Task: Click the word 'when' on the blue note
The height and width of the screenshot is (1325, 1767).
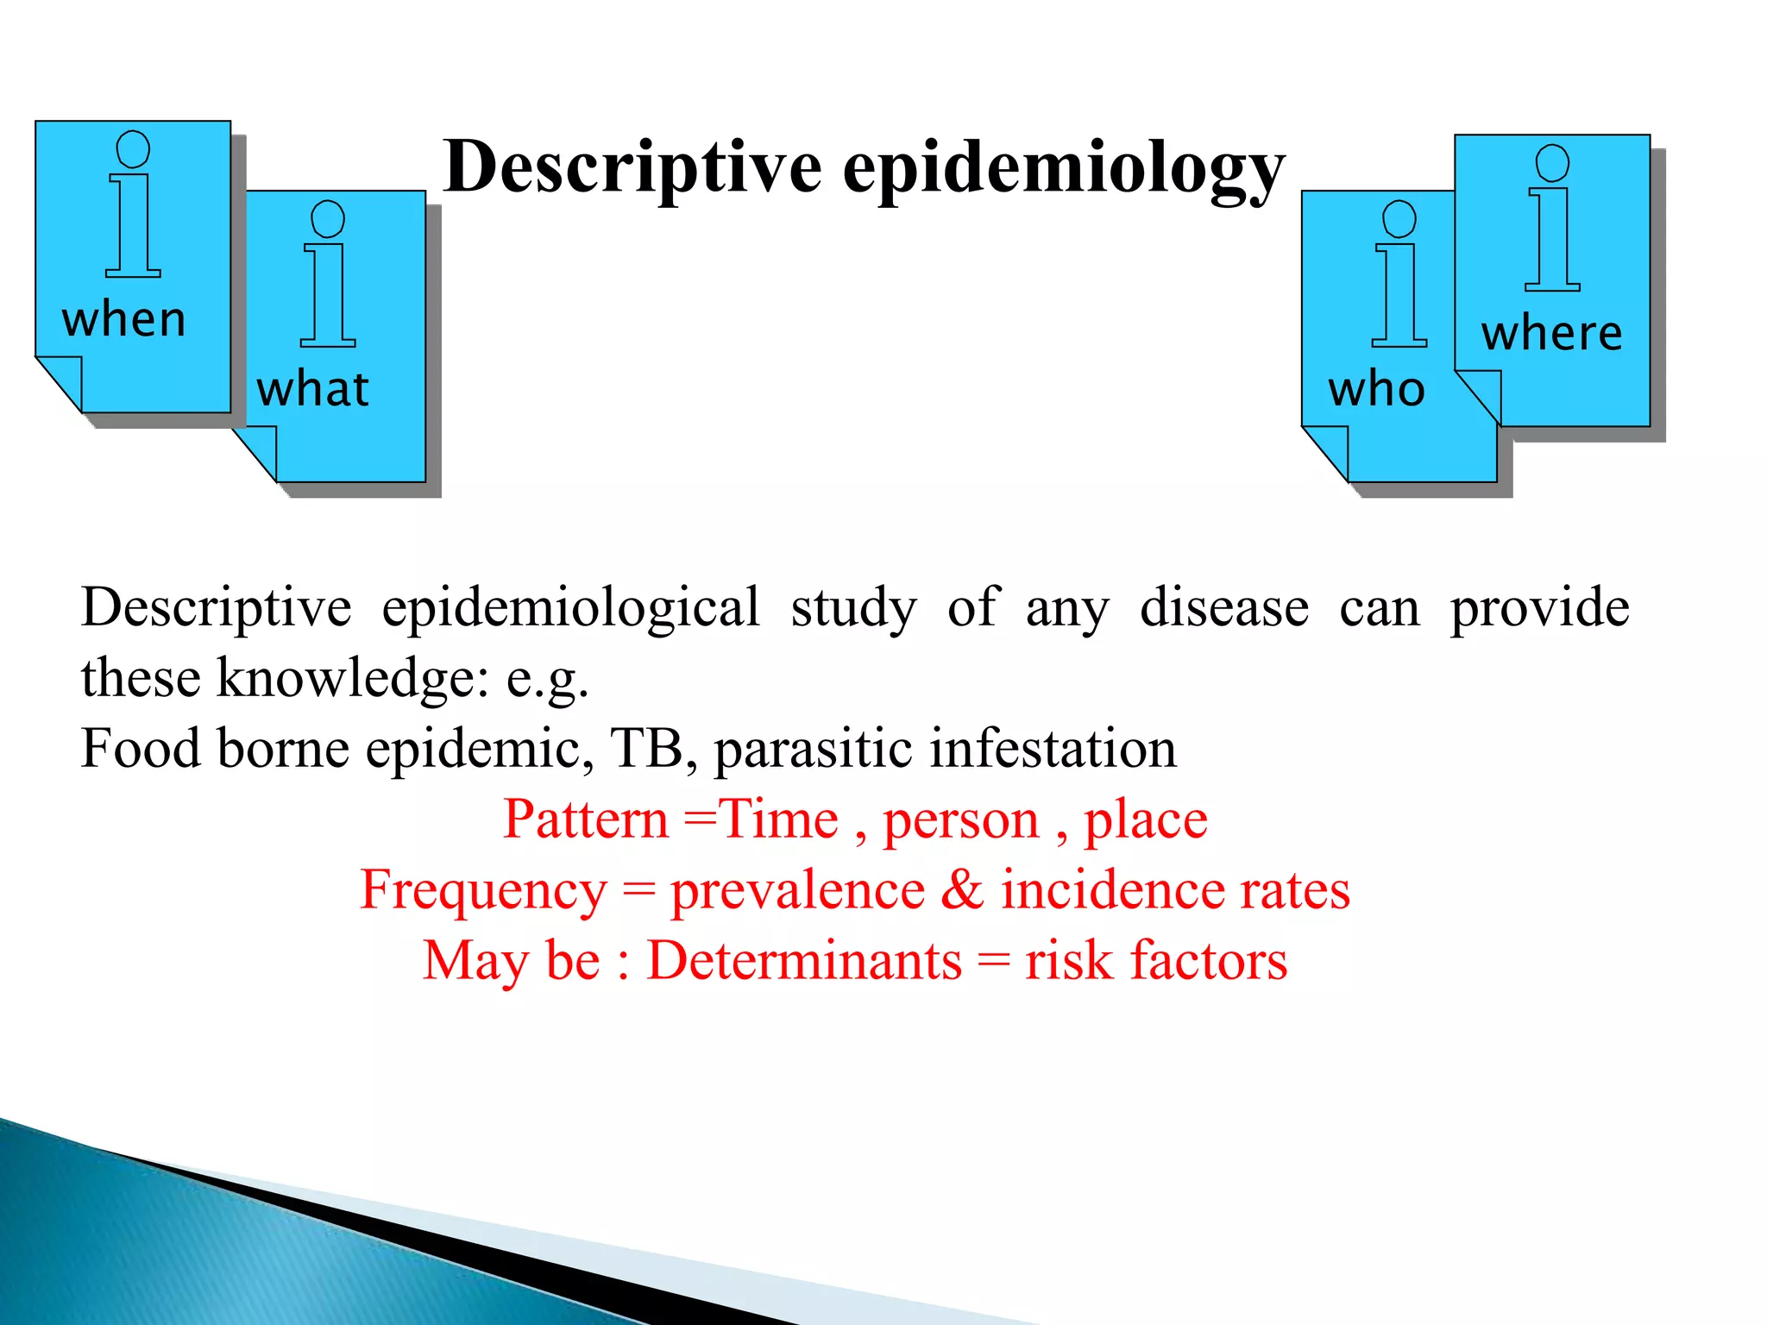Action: (124, 319)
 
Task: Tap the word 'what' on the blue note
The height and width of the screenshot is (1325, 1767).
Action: (313, 389)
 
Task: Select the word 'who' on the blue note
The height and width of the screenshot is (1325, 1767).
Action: (1376, 389)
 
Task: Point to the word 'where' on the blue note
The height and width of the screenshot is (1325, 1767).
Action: (1551, 333)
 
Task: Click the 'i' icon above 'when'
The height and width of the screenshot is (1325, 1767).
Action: (133, 204)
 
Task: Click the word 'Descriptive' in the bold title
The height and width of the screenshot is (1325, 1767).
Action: (632, 166)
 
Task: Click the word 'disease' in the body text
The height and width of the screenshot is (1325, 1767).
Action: (1223, 607)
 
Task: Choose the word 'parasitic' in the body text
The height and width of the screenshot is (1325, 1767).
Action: (814, 749)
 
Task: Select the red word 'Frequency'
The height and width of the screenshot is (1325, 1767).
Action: (483, 890)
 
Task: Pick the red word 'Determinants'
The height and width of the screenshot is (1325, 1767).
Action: (804, 960)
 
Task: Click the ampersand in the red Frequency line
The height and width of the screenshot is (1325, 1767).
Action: (961, 889)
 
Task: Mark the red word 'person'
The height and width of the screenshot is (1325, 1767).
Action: (960, 820)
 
